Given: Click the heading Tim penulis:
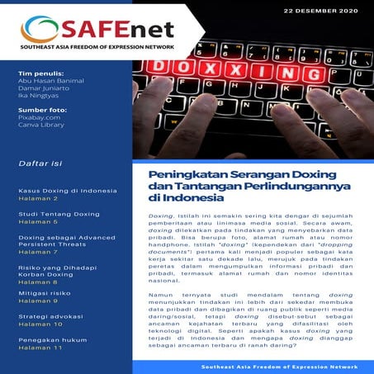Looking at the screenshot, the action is coord(39,74).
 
